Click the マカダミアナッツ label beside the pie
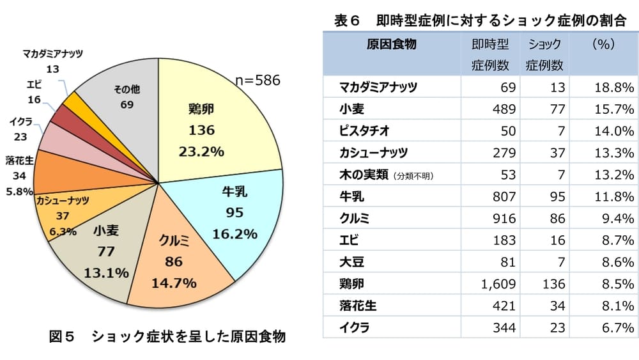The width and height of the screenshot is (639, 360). click(52, 54)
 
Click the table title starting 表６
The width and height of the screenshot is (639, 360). click(479, 20)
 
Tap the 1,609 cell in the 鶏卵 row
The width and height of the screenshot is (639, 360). click(498, 282)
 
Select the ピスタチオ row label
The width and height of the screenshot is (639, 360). click(365, 130)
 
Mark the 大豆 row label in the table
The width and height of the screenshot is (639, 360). click(352, 261)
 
